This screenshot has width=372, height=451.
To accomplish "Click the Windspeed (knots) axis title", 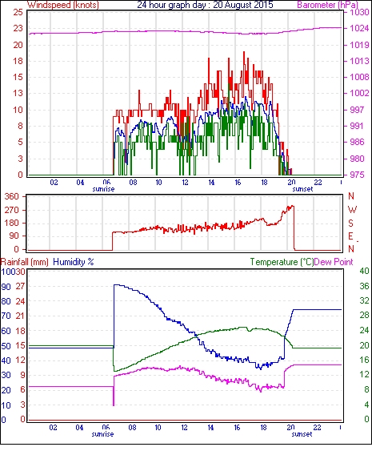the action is click(63, 5).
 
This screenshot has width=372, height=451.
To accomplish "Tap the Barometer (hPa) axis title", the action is click(328, 5).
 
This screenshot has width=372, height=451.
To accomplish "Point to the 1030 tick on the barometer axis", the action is click(359, 12).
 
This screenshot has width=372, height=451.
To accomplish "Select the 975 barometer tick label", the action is click(358, 175).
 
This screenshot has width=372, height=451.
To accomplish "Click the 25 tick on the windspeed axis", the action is click(18, 12).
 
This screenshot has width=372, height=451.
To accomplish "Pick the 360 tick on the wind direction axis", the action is click(12, 197).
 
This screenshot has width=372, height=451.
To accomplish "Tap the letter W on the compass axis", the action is click(352, 209).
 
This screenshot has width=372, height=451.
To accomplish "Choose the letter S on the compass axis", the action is click(350, 223).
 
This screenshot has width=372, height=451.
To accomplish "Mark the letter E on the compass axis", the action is click(350, 236).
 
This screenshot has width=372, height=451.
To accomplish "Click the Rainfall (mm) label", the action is click(25, 262).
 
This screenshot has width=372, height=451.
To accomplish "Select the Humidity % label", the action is click(74, 262).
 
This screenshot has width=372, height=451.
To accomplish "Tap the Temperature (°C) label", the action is click(282, 262).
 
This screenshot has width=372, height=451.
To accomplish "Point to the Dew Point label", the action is click(334, 262).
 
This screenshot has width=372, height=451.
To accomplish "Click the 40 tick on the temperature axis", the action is click(364, 271).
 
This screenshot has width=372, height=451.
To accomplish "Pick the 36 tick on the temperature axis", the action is click(364, 286).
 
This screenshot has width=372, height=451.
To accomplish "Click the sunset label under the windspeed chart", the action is click(302, 189).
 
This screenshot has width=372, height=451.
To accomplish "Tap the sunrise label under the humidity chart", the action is click(102, 434).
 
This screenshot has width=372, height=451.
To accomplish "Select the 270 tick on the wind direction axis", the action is click(12, 210).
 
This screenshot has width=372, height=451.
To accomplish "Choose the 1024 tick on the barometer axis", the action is click(359, 29).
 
